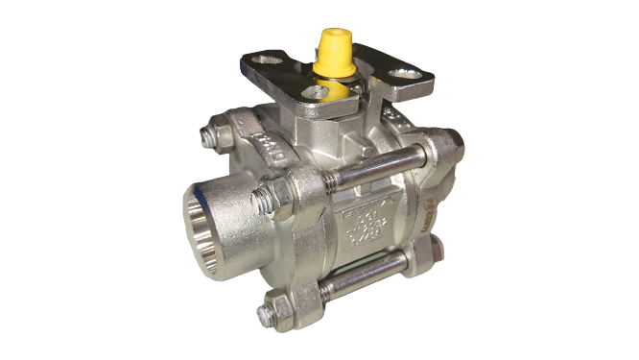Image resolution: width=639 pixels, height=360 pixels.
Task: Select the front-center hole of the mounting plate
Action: (311, 93)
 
